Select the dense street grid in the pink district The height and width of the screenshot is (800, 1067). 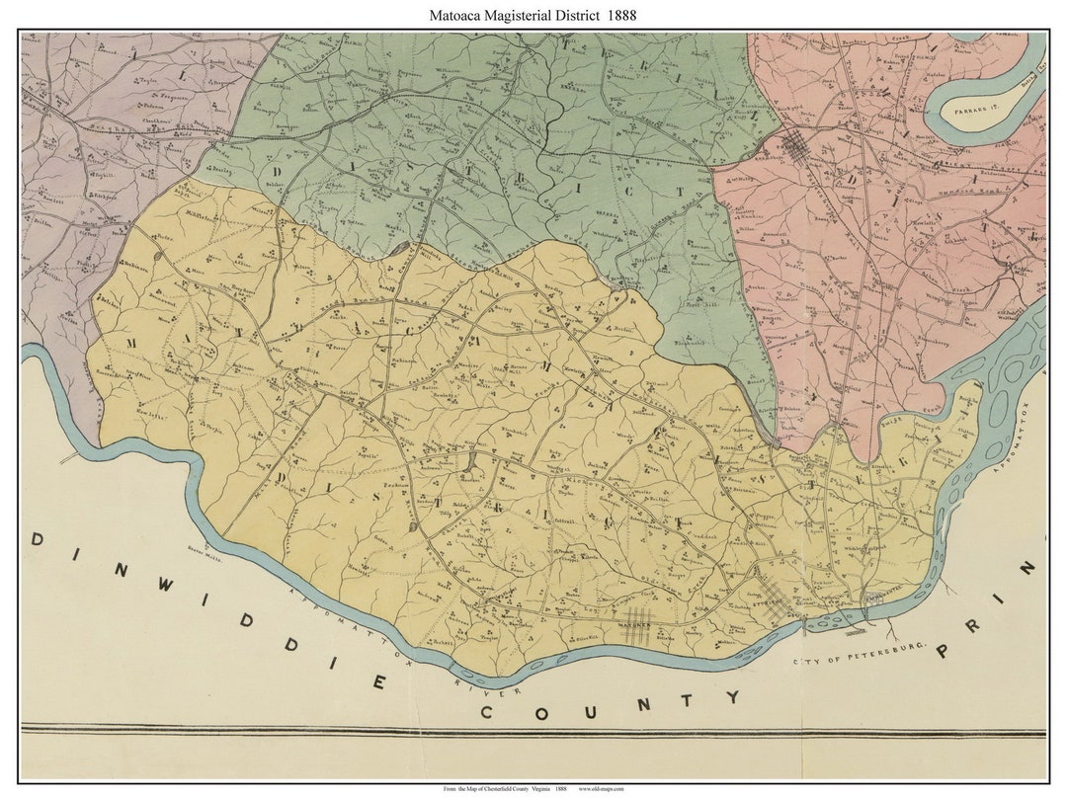(x=797, y=147)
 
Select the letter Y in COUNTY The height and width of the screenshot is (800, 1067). (x=733, y=697)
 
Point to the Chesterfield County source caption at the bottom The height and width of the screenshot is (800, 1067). (x=504, y=789)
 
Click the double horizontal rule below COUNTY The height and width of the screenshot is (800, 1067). (x=533, y=731)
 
